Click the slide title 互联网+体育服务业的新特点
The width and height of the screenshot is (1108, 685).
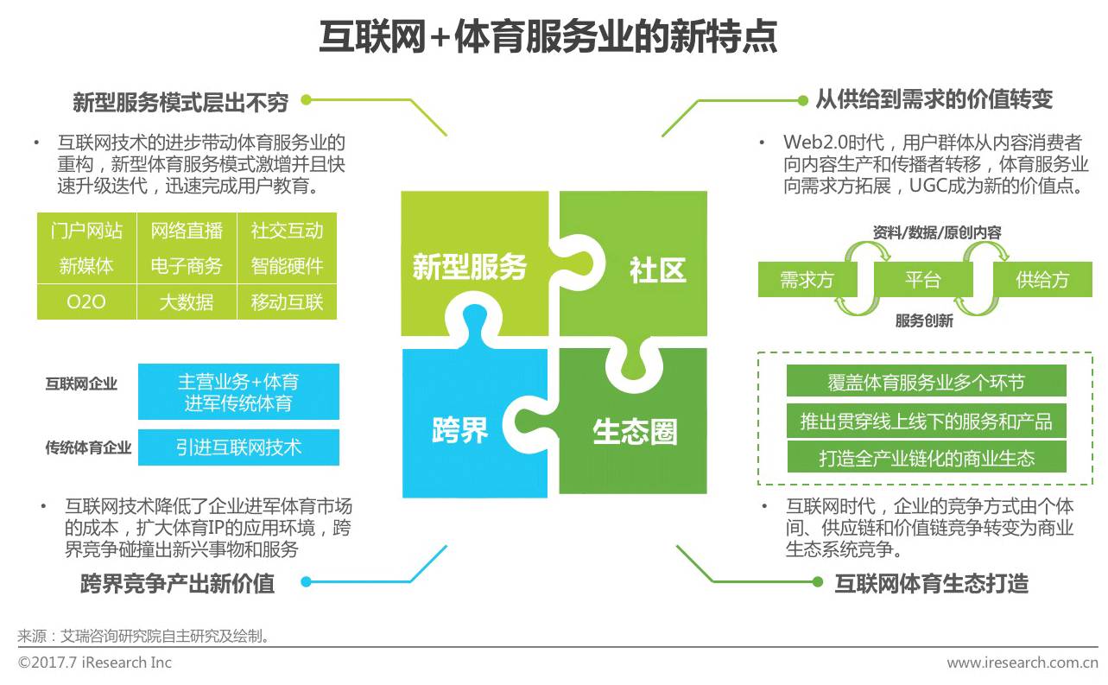point(548,36)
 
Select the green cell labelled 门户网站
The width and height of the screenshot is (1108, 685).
point(86,231)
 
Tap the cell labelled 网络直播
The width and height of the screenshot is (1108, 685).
point(187,231)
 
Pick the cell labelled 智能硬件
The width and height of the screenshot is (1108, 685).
point(287,266)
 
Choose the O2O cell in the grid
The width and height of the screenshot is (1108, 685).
point(86,302)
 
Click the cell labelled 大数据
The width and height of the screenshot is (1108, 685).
point(187,302)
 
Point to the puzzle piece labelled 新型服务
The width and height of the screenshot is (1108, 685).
point(469,266)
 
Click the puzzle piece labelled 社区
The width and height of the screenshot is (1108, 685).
point(656,270)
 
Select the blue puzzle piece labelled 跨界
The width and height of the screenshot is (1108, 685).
point(460,429)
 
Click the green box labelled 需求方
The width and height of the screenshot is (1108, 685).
point(807,280)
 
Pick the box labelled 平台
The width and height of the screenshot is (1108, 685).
point(922,280)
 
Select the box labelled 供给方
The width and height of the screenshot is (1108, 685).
point(1042,280)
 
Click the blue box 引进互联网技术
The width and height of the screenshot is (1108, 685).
point(238,447)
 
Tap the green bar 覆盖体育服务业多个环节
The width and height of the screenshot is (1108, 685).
point(926,381)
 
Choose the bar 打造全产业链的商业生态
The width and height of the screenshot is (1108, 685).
point(926,457)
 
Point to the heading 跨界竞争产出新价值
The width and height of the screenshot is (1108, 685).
point(178,584)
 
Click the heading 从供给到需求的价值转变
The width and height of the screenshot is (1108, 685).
point(934,99)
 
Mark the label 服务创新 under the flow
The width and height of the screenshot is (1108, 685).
point(924,321)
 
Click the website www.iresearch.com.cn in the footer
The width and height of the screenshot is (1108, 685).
point(1022,663)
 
